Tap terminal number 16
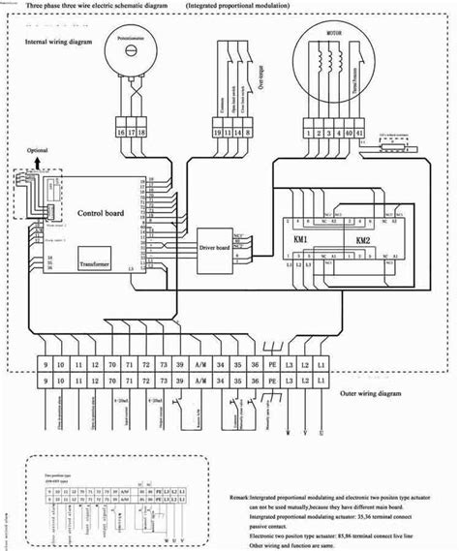pos(121,132)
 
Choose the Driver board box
pos(216,246)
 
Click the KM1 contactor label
pos(300,239)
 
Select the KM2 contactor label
pos(362,240)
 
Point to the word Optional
pos(36,152)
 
